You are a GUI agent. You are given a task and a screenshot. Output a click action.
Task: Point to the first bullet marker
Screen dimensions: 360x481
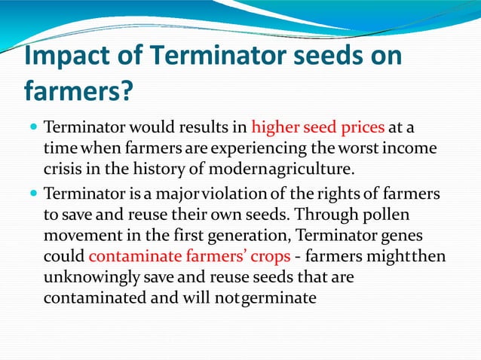point(34,125)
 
